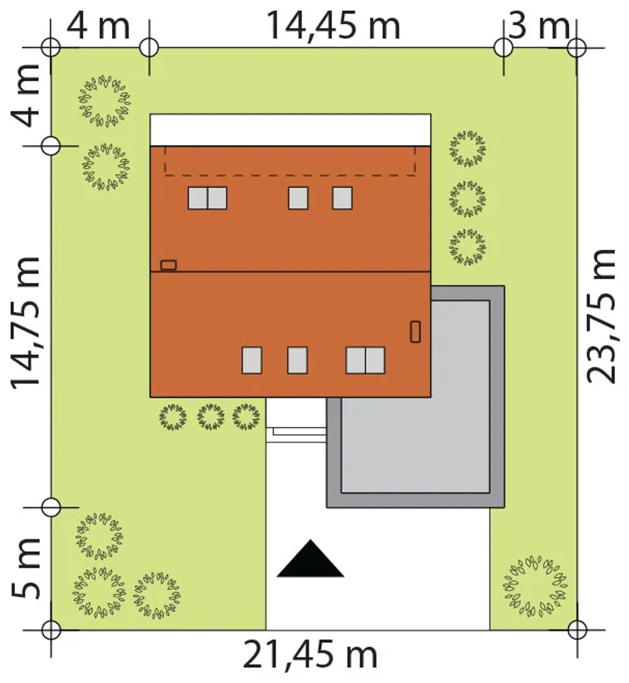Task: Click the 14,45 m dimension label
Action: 333,26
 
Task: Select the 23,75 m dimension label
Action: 601,316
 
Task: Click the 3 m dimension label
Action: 539,26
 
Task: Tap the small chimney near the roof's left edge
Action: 168,265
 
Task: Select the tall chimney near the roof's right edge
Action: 415,331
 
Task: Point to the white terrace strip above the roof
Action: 290,130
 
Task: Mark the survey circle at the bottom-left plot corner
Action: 51,630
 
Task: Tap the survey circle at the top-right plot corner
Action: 577,48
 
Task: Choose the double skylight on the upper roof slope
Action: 207,198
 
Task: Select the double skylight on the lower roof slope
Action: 366,360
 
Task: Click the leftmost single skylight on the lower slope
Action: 252,360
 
